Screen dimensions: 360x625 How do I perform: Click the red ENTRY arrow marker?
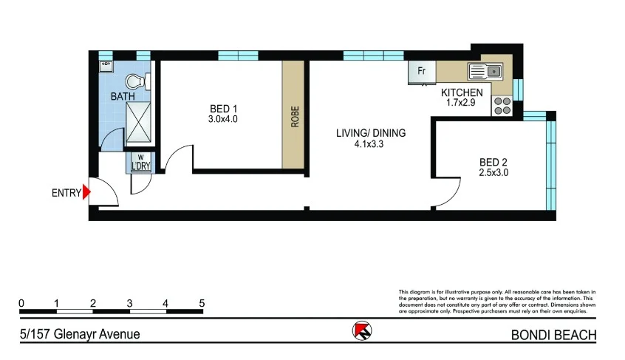pos(86,193)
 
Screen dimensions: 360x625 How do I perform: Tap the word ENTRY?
pos(66,194)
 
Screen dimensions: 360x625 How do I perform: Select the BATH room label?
pos(123,97)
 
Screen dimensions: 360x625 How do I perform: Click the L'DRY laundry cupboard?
pos(140,162)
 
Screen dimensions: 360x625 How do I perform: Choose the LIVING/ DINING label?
pos(371,133)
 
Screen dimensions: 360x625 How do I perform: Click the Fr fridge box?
pos(422,72)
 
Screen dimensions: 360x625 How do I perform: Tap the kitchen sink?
pos(485,72)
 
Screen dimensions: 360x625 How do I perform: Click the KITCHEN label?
pos(462,92)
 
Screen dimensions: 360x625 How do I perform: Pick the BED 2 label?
pos(493,162)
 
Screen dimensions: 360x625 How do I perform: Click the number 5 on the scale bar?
pos(202,304)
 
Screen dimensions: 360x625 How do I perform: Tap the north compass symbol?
pos(362,332)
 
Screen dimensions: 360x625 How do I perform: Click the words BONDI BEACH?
pos(553,335)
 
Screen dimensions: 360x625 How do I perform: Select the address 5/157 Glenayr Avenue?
pos(80,334)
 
